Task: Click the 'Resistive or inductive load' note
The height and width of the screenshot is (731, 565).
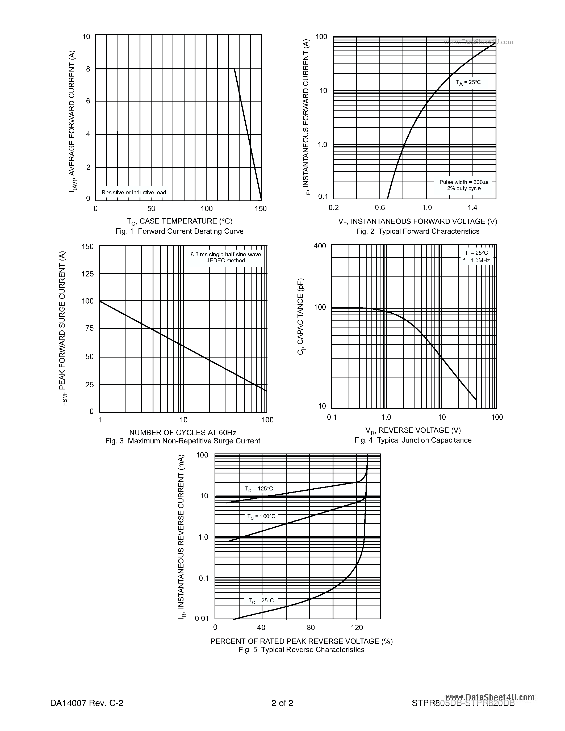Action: click(x=133, y=192)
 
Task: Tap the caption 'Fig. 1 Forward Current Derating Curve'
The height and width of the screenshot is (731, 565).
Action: click(x=179, y=231)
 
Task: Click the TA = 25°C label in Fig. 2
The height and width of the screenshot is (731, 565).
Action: click(x=468, y=82)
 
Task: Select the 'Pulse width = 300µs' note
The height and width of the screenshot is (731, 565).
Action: click(x=464, y=182)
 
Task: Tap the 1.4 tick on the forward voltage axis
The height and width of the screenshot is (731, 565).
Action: click(x=472, y=208)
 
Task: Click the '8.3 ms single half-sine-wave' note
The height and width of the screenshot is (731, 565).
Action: click(x=225, y=254)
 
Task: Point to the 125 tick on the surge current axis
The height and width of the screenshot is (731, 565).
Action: click(x=88, y=274)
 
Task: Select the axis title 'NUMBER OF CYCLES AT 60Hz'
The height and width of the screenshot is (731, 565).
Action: click(x=183, y=432)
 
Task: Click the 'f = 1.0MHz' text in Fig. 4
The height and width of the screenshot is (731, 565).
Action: click(x=476, y=261)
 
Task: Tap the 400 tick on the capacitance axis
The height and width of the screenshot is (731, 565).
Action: click(x=319, y=246)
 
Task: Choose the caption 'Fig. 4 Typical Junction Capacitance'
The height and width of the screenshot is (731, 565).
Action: click(x=413, y=440)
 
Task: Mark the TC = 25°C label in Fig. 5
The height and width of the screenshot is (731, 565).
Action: click(x=261, y=601)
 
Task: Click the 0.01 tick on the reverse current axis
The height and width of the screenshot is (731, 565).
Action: click(x=202, y=619)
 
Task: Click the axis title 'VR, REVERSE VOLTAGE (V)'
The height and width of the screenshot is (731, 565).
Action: click(x=413, y=430)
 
